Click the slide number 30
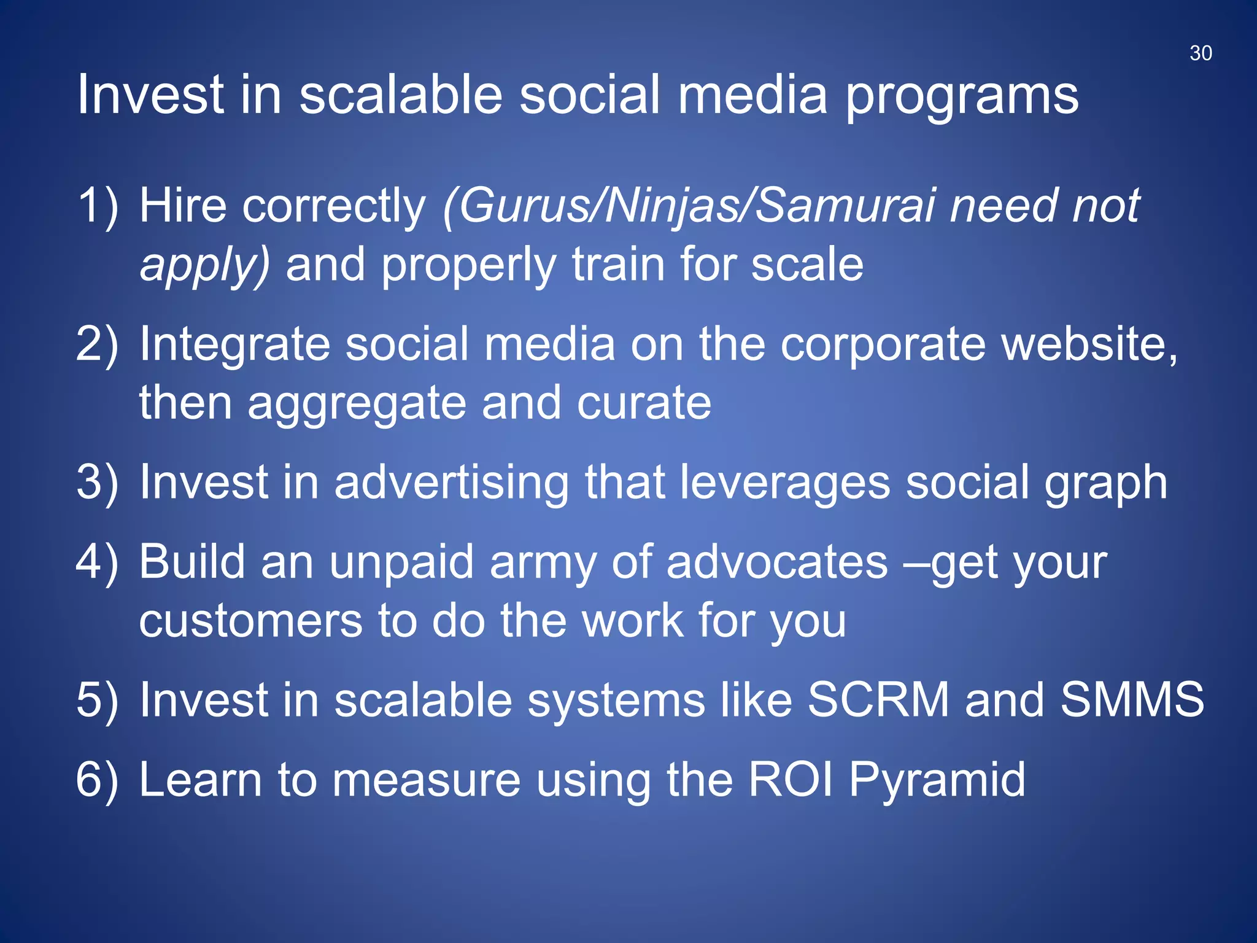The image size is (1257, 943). pos(1201,53)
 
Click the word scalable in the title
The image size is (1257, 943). pos(400,95)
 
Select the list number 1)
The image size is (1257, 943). pos(97,206)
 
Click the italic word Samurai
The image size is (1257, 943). pos(845,206)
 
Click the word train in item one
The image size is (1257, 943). pos(620,264)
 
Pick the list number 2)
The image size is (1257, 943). pos(97,344)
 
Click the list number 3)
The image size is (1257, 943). pos(97,483)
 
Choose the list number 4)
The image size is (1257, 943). pos(97,562)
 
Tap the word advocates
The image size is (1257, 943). pos(777,562)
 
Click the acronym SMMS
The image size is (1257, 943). pos(1132,700)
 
